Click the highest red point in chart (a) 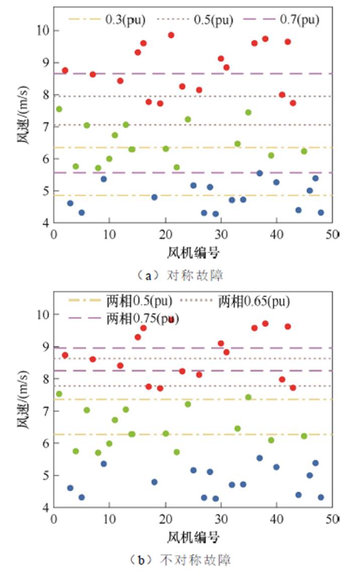pos(171,35)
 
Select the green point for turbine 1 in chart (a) pos(59,109)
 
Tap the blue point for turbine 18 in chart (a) pos(154,197)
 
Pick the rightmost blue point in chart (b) pos(321,497)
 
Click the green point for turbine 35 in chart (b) pos(248,397)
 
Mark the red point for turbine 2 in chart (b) pos(65,355)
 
